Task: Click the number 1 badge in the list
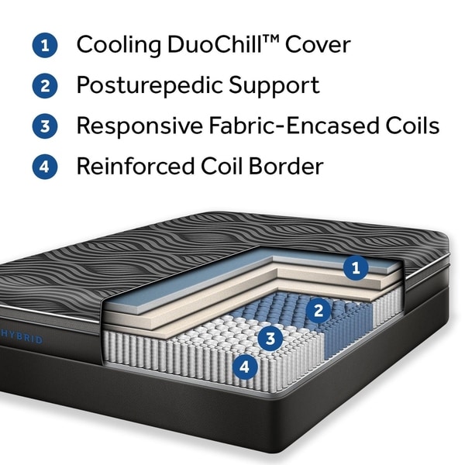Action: point(45,45)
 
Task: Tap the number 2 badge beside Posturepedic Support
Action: point(45,86)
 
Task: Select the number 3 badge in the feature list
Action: point(45,126)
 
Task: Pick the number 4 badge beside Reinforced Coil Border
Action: point(45,167)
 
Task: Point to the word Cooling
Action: point(119,45)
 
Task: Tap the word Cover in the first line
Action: point(318,45)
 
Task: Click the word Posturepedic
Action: point(149,86)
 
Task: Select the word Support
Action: point(274,86)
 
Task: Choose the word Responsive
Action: point(139,126)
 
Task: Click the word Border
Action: point(286,166)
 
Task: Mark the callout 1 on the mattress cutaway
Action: point(356,268)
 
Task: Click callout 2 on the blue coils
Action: point(319,311)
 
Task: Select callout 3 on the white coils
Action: point(270,338)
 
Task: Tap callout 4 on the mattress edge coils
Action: point(245,367)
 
